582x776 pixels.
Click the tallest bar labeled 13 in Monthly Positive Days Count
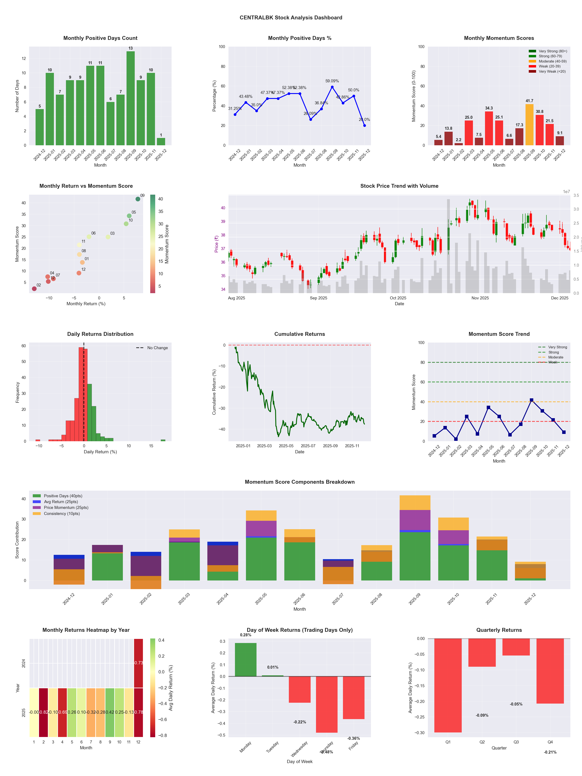pos(130,98)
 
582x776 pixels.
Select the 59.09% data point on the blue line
pos(332,87)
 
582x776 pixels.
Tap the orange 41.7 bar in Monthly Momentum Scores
pos(529,125)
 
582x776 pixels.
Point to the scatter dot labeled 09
pos(138,199)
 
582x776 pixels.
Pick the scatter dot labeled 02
pos(34,289)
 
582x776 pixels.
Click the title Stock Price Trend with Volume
pos(399,186)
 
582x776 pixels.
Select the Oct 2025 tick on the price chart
pos(398,298)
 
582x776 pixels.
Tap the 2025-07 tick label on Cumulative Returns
pos(308,446)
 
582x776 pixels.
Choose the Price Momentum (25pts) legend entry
pos(66,508)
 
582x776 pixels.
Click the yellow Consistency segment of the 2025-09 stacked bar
pos(415,502)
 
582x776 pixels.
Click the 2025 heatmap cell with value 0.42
pos(110,712)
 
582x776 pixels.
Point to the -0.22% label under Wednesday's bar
pos(300,722)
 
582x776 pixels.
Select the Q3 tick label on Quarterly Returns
pos(516,742)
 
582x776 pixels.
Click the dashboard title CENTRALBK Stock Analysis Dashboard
pos(291,17)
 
